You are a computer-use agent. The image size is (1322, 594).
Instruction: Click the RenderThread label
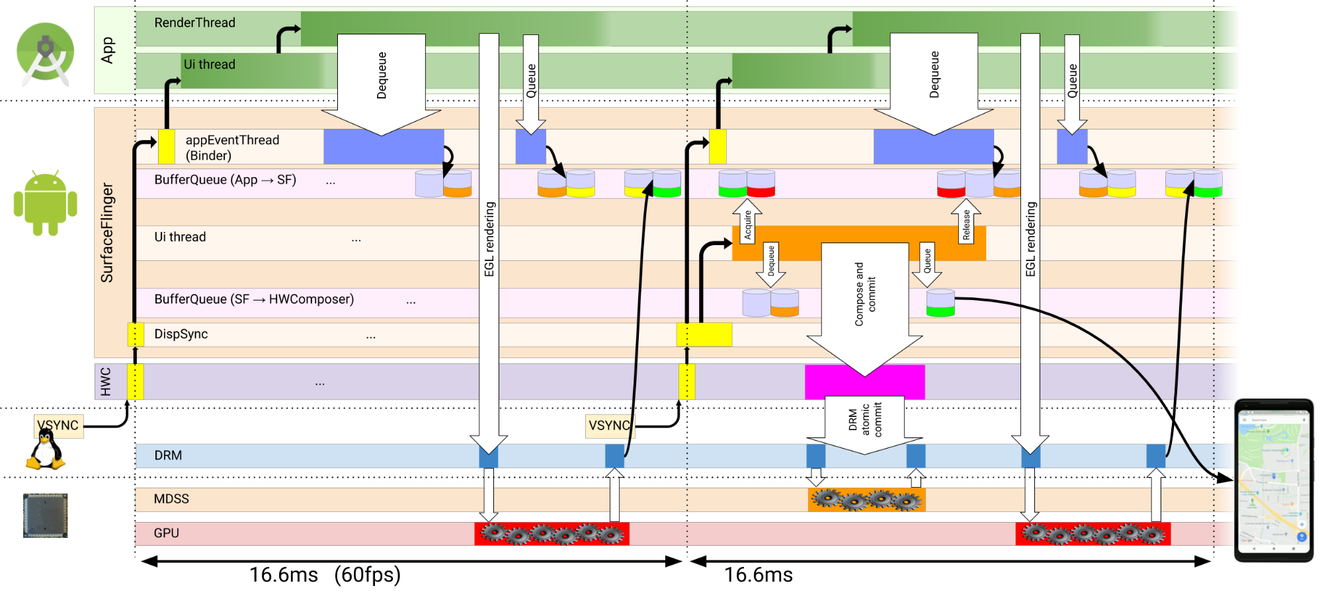pos(194,22)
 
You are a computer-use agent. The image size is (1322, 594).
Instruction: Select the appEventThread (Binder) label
pos(232,147)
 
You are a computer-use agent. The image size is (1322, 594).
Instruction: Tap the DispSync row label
pos(181,334)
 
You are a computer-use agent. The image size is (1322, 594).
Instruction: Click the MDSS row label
pos(171,499)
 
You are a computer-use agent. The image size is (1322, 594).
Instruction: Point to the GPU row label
pos(166,533)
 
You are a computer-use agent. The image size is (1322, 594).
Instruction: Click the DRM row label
pos(168,455)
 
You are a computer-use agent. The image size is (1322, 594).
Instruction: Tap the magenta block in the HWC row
pos(864,382)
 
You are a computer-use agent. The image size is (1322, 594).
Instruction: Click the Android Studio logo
pos(45,53)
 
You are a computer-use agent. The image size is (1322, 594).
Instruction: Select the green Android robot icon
pos(45,203)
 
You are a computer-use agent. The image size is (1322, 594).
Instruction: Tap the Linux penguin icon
pos(46,450)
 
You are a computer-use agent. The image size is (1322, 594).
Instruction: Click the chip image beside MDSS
pos(45,515)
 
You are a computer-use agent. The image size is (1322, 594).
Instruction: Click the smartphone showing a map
pos(1274,480)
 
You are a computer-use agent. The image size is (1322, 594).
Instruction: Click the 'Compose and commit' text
pos(864,294)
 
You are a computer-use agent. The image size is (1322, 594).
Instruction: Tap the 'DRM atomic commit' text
pos(865,420)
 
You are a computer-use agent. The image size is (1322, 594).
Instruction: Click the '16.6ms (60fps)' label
pos(325,575)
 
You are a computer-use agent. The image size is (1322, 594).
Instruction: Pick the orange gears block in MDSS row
pos(866,500)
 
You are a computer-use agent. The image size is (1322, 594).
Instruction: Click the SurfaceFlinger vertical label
pos(106,233)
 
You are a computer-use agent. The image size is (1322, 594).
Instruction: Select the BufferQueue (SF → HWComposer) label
pos(254,299)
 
